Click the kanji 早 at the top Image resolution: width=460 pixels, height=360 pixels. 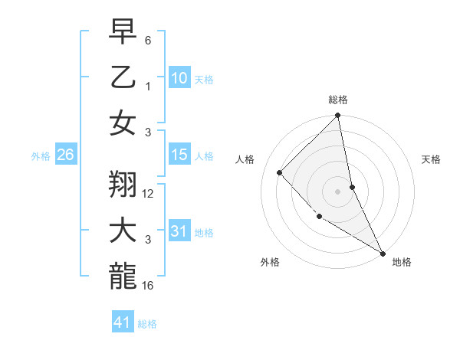point(122,33)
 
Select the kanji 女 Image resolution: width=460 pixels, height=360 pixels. point(122,123)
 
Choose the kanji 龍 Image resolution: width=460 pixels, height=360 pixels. point(122,276)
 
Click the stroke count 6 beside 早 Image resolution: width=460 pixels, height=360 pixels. point(148,40)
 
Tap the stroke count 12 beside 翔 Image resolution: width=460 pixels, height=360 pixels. point(149,194)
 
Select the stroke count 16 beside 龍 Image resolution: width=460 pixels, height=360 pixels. point(149,286)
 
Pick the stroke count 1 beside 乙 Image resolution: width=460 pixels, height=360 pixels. point(148,87)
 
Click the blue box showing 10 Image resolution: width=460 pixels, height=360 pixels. point(179,78)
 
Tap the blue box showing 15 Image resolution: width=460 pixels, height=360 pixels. point(179,155)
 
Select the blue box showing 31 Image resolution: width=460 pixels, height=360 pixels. point(179,231)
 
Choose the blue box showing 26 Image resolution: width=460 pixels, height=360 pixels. point(65,155)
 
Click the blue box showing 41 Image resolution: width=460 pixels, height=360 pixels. point(123,322)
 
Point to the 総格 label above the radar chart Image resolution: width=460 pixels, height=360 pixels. point(338,100)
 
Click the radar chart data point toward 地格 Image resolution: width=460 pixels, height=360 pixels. point(383,254)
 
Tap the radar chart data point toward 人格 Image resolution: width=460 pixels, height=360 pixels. point(280,172)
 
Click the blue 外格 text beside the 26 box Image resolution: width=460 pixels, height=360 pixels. point(41,156)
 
